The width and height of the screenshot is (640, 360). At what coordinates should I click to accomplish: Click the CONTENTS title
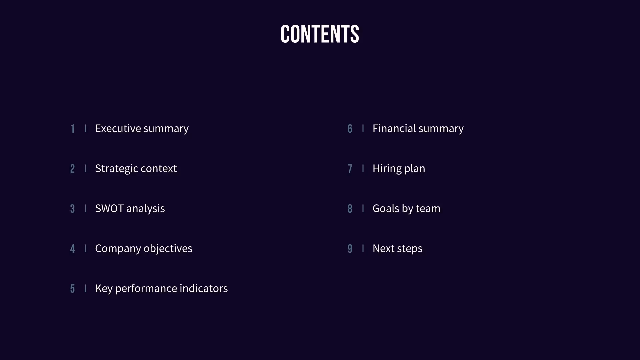[320, 34]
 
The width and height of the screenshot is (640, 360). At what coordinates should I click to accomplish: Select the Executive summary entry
[142, 128]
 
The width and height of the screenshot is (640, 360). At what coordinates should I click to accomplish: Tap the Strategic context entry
[136, 168]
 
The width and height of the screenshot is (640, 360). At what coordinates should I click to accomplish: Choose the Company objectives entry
[143, 248]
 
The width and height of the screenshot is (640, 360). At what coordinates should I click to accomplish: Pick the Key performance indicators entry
[161, 288]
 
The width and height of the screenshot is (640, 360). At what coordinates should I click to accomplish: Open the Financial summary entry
[418, 128]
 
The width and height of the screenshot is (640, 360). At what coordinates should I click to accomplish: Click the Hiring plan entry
[399, 168]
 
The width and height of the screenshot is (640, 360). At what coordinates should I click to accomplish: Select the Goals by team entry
[406, 208]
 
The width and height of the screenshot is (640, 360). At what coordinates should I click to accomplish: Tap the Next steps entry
[397, 248]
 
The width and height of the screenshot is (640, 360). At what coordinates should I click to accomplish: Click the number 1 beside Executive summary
[73, 129]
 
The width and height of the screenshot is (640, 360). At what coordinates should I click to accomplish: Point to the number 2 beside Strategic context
[72, 169]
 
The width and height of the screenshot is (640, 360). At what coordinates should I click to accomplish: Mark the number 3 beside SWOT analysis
[72, 209]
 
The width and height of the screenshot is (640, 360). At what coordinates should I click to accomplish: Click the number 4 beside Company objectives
[72, 249]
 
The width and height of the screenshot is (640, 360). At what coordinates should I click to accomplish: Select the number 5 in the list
[72, 289]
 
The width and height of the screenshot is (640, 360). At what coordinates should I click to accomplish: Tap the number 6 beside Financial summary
[350, 129]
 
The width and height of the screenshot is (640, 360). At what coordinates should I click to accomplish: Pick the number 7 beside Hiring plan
[350, 169]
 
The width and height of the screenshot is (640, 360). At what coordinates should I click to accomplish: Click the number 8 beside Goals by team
[350, 209]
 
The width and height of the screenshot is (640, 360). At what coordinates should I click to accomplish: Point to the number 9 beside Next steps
[350, 249]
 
